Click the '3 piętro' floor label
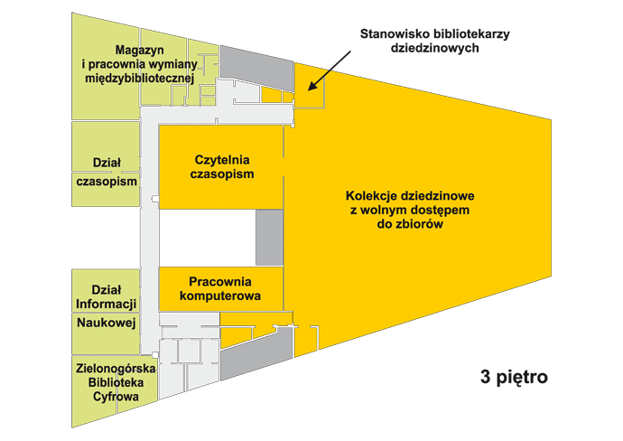tap(514, 377)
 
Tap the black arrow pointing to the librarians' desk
tap(330, 70)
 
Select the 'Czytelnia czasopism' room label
tap(222, 167)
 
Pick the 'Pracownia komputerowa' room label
tap(220, 289)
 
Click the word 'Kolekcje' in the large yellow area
tap(371, 196)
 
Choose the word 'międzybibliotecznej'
tap(139, 79)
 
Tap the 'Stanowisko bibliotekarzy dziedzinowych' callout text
tap(434, 41)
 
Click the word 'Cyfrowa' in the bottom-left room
tap(116, 397)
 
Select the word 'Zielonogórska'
tap(116, 369)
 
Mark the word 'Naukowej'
tap(107, 323)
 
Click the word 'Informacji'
tap(106, 305)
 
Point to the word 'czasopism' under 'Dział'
tap(107, 183)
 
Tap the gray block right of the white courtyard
tap(269, 238)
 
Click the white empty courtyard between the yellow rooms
tap(207, 238)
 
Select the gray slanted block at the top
tap(257, 67)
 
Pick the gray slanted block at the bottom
tap(257, 355)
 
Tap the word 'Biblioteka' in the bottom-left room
tap(116, 383)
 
